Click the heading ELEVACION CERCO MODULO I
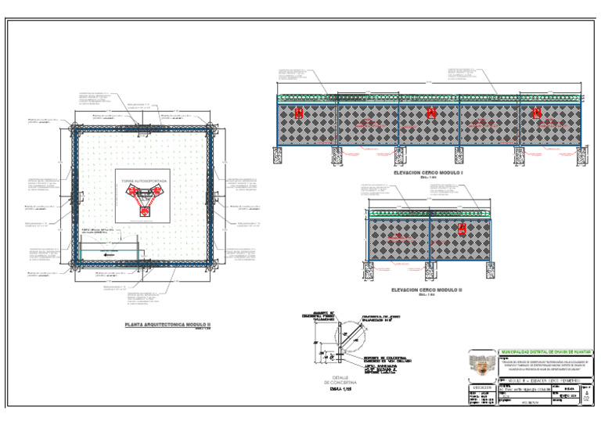429,172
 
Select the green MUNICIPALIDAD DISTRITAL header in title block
545,352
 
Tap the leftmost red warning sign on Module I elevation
298,114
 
